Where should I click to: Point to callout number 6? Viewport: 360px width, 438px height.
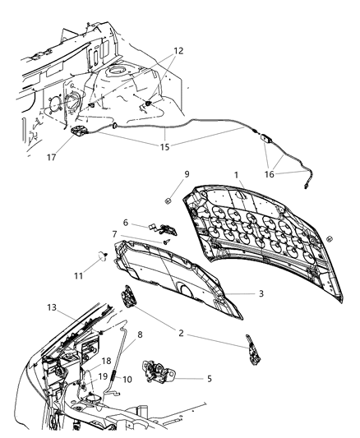[x=125, y=222]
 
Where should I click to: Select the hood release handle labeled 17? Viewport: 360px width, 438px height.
[x=80, y=133]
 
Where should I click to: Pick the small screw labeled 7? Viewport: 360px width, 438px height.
[x=165, y=242]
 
